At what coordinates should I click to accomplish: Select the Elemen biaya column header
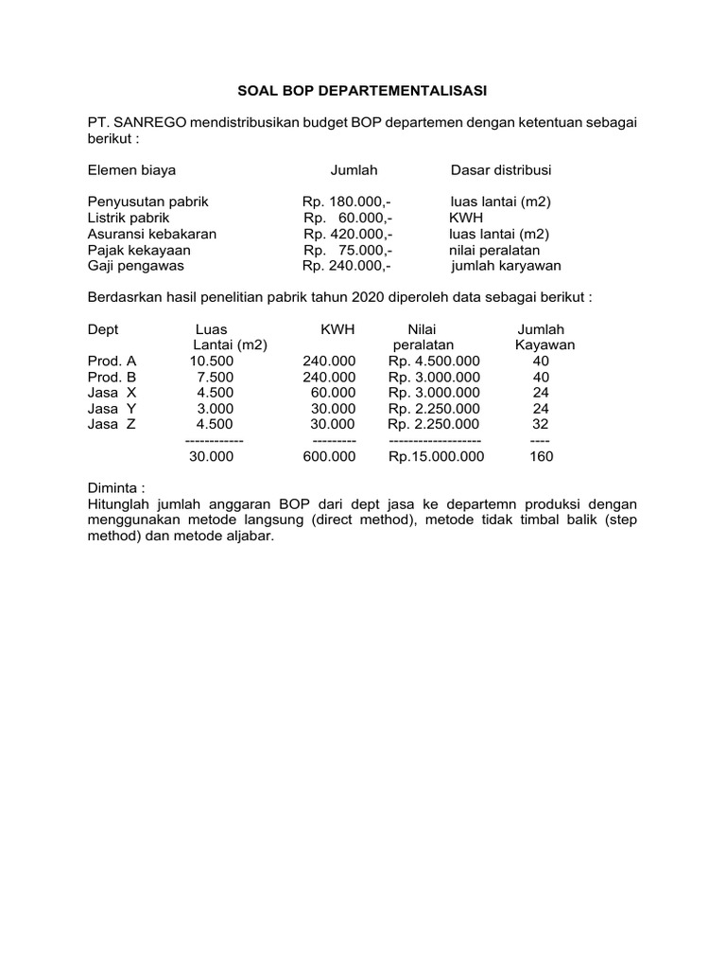tap(131, 170)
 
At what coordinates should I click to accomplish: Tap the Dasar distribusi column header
tap(501, 170)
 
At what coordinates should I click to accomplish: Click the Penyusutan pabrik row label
tap(147, 203)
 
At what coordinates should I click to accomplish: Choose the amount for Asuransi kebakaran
tap(348, 235)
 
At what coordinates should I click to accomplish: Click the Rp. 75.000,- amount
tap(348, 251)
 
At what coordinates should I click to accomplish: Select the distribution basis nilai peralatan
tap(494, 251)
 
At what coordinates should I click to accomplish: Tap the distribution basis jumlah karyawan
tap(506, 267)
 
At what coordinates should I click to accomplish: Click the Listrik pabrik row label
tap(129, 219)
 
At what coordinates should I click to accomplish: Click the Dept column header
tap(103, 329)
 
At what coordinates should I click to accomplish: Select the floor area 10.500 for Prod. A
tap(211, 361)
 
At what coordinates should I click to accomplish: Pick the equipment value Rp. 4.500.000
tap(434, 361)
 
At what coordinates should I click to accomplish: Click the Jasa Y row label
tap(112, 409)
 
